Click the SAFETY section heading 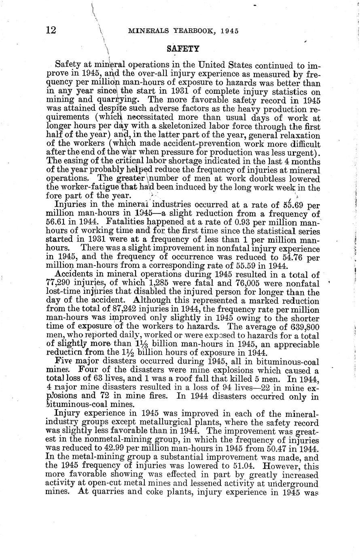[x=183, y=49]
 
